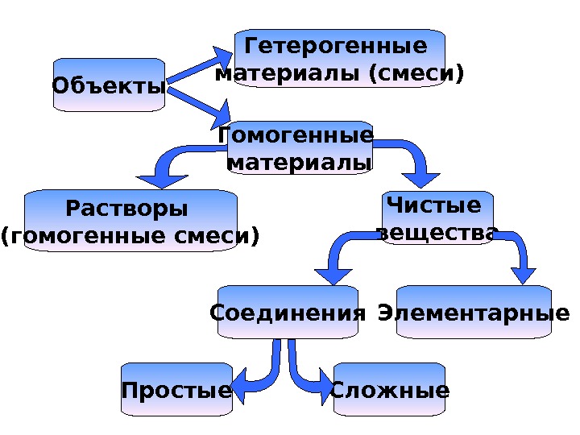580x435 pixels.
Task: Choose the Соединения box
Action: click(288, 312)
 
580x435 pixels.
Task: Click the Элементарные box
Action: click(474, 312)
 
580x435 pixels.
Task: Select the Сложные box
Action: click(390, 391)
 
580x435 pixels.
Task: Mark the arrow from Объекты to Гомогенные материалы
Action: click(198, 103)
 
